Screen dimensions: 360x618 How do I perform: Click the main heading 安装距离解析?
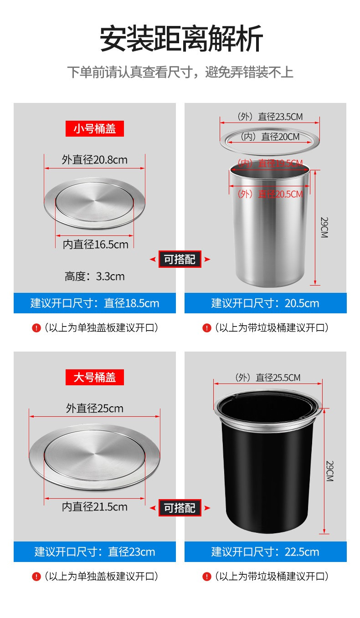(181, 38)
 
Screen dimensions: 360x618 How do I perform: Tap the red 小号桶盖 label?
(94, 128)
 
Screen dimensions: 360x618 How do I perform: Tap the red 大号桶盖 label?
(94, 377)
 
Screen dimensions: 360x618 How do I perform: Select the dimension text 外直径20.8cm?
(94, 160)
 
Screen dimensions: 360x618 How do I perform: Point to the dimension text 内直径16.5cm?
(95, 245)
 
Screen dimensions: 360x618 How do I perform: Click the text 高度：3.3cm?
(94, 276)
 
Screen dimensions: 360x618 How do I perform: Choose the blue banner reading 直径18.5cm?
(95, 303)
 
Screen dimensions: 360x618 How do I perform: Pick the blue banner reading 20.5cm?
(266, 303)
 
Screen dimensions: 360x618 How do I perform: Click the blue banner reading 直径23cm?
(95, 552)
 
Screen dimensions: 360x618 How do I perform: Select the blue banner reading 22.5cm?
(266, 552)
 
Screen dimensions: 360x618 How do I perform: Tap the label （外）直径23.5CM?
(270, 117)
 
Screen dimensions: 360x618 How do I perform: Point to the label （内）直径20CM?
(270, 137)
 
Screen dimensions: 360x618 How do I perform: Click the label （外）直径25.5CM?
(267, 378)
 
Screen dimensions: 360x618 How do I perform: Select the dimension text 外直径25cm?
(94, 409)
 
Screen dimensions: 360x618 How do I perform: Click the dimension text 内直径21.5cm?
(94, 507)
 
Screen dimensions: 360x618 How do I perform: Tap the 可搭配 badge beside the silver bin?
(180, 259)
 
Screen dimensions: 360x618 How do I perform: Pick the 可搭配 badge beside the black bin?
(180, 508)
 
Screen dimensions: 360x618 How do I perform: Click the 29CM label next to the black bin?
(330, 471)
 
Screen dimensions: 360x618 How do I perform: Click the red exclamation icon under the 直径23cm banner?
(36, 577)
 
